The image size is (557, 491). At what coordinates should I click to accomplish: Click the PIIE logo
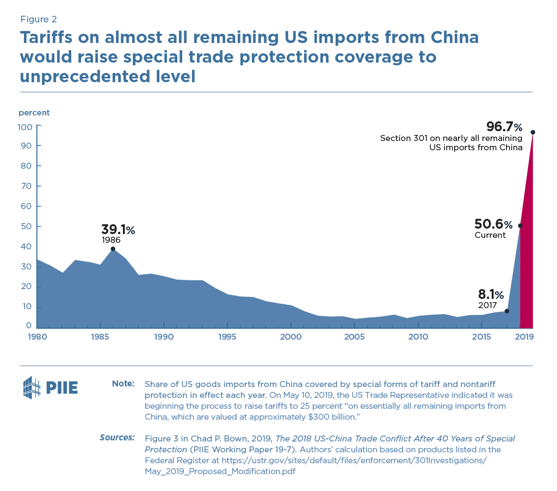tap(51, 387)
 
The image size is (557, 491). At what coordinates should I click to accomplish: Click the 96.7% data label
tap(504, 127)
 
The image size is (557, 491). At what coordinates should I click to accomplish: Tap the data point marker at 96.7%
tap(533, 132)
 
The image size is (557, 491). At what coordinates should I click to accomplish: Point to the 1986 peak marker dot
tap(113, 249)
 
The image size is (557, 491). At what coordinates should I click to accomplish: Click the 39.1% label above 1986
tap(117, 230)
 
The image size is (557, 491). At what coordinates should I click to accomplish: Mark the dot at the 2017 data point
tap(507, 311)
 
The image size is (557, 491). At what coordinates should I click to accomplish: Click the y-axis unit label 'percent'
tap(34, 113)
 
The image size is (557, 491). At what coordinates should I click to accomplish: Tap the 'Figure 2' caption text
tap(38, 20)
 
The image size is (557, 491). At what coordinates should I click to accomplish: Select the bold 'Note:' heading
tap(123, 384)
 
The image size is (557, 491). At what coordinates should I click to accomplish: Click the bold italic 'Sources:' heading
tap(117, 438)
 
